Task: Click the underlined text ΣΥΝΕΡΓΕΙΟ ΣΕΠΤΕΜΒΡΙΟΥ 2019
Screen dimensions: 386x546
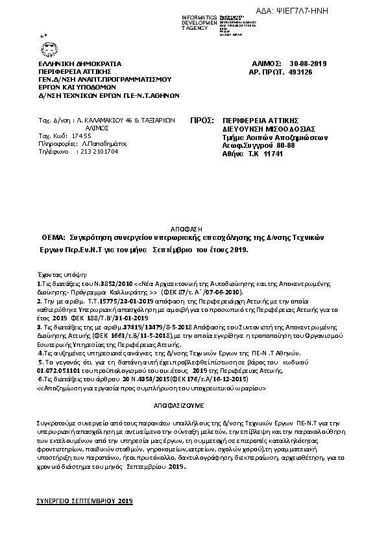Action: tap(84, 502)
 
